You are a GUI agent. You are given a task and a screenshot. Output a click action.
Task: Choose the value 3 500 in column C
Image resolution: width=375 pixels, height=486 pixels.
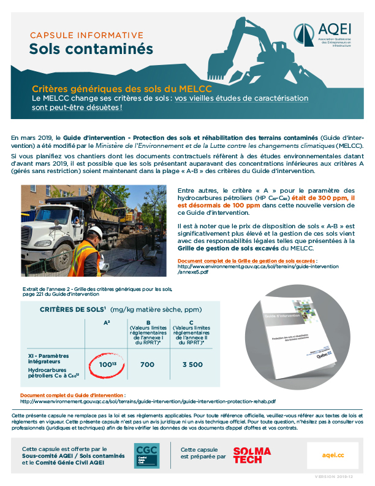tap(192, 364)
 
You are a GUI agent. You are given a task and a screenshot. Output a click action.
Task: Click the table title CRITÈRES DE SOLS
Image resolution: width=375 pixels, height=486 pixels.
tap(72, 309)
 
